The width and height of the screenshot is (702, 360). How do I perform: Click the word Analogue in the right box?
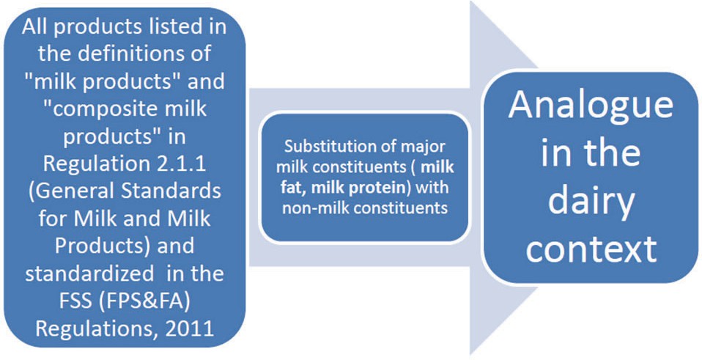[591, 107]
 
